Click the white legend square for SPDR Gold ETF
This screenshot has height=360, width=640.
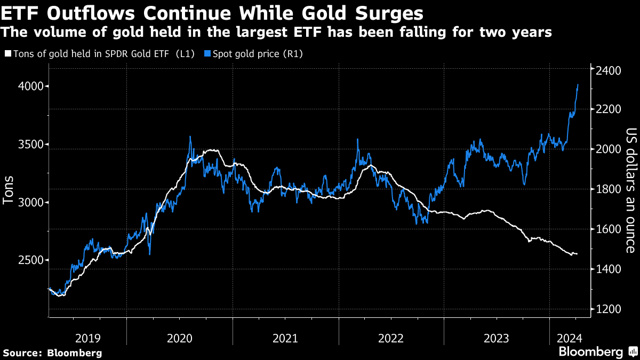click(x=7, y=54)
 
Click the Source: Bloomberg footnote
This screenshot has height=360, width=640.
click(x=52, y=353)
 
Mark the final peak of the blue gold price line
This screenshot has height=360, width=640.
click(x=578, y=84)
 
